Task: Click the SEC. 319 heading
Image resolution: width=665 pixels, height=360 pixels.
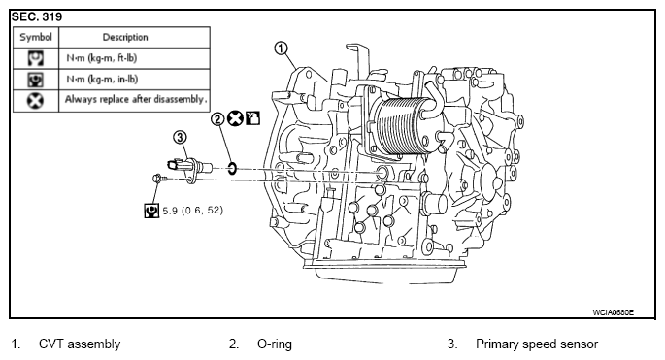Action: pos(37,16)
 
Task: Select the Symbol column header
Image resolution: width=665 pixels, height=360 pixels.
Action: pos(36,37)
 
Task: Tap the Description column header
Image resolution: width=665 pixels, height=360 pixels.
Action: pos(125,37)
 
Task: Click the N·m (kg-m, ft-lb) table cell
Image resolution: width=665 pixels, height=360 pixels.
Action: pos(102,58)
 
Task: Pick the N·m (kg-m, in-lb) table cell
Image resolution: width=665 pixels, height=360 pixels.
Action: pos(102,79)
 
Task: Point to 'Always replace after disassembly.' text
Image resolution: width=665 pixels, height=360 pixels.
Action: pos(136,99)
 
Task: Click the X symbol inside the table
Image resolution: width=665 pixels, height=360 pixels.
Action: pos(35,101)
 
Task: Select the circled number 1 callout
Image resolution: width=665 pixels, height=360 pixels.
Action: pos(282,49)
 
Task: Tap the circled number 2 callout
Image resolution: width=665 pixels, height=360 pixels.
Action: pos(217,119)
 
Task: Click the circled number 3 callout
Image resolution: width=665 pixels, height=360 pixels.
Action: pos(180,138)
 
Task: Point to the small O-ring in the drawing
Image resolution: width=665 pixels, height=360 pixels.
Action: pos(232,168)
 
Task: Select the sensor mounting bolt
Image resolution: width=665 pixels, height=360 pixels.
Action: pos(159,179)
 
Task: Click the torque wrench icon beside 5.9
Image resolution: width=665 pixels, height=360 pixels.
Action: pos(151,211)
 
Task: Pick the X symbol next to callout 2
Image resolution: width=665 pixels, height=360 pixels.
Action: pos(235,118)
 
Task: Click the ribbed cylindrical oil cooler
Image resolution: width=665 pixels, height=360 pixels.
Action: pos(400,125)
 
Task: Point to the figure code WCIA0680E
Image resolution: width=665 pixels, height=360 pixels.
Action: pos(614,312)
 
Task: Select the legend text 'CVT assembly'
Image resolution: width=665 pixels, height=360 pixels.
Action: pos(80,344)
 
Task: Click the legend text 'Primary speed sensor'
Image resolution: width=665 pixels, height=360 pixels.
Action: pos(537,344)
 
